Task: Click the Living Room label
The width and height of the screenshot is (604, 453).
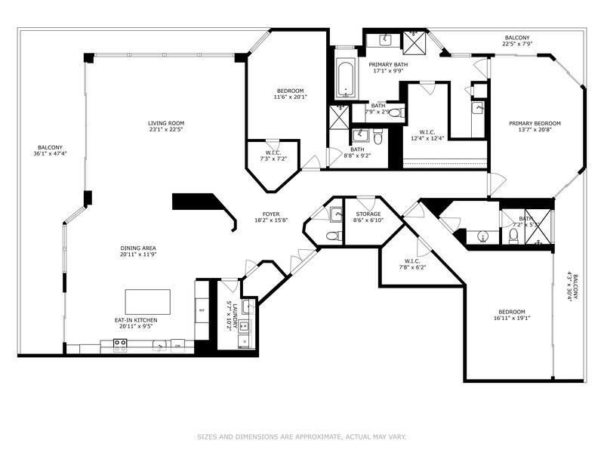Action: [x=165, y=128]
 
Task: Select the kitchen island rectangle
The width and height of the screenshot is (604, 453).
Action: [x=147, y=301]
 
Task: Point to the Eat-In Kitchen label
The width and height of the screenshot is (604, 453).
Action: [x=136, y=324]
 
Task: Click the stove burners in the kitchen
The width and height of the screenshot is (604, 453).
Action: [x=119, y=345]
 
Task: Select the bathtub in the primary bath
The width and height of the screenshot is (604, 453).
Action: [x=347, y=78]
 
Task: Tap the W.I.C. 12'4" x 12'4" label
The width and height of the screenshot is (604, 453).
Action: [x=425, y=135]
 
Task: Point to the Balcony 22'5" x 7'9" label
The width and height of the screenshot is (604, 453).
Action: [x=518, y=41]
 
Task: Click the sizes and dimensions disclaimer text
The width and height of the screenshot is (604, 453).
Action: [x=302, y=436]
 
